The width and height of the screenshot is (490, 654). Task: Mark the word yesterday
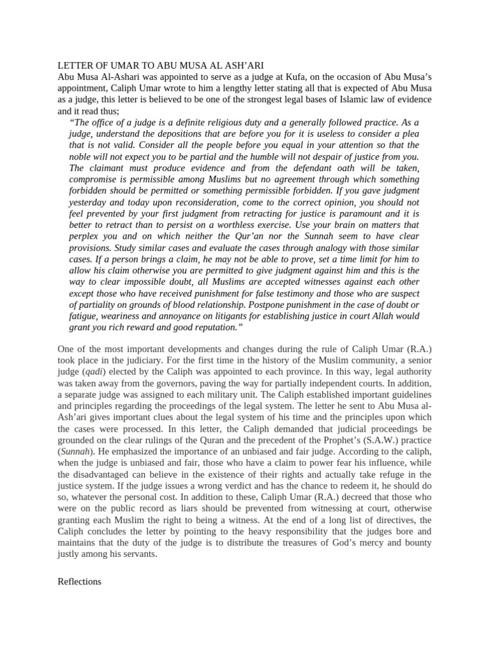tap(88, 202)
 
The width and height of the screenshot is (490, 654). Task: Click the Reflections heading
tap(80, 582)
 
